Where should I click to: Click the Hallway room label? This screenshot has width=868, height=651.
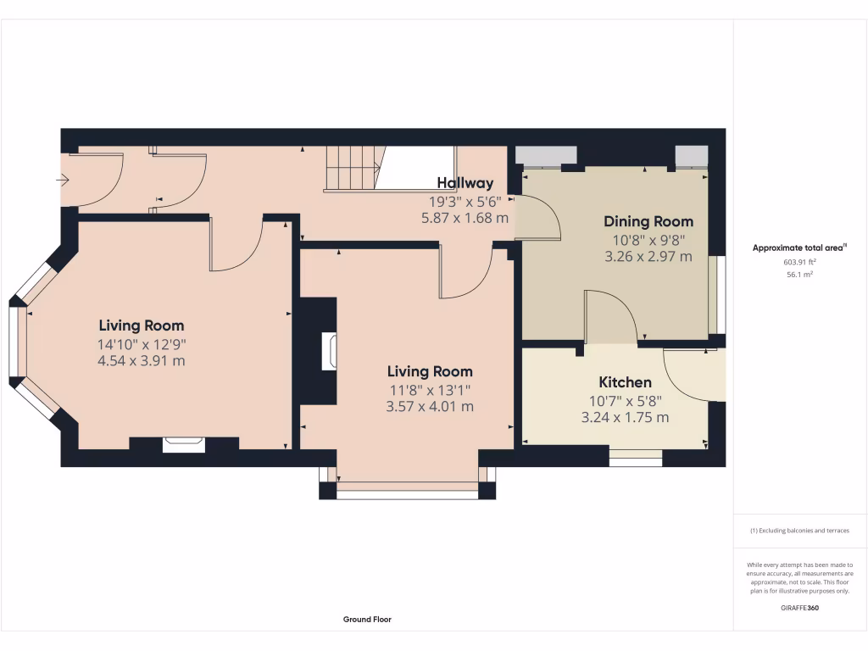point(465,183)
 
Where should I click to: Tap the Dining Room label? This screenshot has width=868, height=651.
point(648,221)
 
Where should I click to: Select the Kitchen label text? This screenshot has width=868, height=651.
point(625,382)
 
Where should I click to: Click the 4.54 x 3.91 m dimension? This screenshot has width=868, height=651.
point(142,361)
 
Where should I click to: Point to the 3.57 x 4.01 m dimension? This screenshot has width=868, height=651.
point(430,406)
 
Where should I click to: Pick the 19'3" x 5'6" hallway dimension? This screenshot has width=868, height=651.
point(465,202)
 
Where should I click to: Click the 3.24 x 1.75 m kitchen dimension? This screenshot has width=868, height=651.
point(625,417)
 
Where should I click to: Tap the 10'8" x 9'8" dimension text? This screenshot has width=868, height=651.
point(648,240)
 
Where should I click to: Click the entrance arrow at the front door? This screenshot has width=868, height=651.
point(62,180)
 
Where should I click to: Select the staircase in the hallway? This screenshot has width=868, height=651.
point(353,169)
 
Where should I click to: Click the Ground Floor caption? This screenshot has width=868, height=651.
point(367,620)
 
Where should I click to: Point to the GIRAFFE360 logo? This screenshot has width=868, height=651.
point(800,608)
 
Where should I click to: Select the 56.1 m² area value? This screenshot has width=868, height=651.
point(800,275)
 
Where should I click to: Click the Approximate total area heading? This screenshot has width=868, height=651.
point(798,248)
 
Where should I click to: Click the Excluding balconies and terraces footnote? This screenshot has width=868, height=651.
point(799,531)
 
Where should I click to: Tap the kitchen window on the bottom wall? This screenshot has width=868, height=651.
point(636,459)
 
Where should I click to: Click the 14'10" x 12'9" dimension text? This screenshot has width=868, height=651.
point(142,344)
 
